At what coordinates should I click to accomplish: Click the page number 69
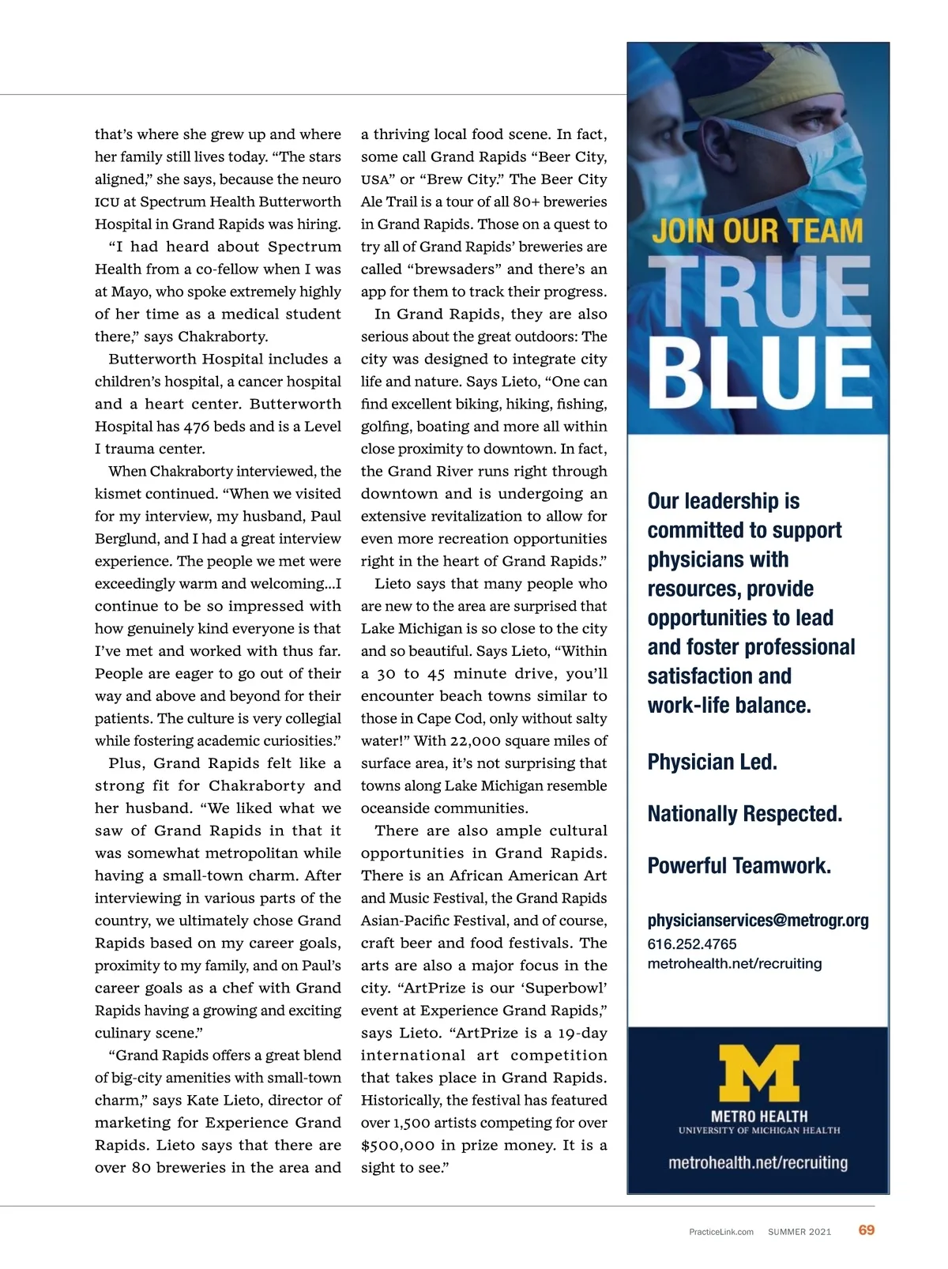coord(866,1229)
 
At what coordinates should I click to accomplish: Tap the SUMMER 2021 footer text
coord(799,1232)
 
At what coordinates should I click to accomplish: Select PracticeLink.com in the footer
coord(721,1232)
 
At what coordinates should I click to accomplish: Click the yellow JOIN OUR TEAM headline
coord(757,232)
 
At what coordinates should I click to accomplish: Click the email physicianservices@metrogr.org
coord(758,921)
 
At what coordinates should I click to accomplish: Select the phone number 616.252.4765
coord(692,944)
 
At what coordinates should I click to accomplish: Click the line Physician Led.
coord(712,762)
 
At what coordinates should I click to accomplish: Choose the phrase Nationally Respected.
coord(744,814)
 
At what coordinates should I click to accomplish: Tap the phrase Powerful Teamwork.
coord(739,866)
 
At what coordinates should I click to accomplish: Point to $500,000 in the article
coord(397,1145)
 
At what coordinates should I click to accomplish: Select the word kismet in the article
coord(117,494)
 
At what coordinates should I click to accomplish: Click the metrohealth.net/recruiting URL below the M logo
coord(758,1163)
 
